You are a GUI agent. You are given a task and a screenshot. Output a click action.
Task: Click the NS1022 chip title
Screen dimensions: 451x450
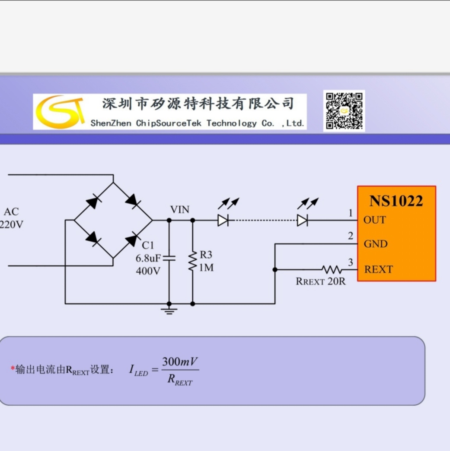(396, 201)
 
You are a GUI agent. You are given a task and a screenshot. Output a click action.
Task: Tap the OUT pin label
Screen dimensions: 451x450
(374, 220)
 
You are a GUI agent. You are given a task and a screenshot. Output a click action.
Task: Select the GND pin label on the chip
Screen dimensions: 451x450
(376, 244)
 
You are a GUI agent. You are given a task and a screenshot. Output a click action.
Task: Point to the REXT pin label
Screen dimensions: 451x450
(378, 270)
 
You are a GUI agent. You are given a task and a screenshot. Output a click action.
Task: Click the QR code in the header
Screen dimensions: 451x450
(344, 111)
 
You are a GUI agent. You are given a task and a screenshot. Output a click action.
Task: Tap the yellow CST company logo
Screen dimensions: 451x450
(60, 112)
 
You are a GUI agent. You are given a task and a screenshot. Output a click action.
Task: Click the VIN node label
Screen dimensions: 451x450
(179, 210)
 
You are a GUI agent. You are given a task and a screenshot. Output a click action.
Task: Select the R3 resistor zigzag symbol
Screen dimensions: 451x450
(192, 262)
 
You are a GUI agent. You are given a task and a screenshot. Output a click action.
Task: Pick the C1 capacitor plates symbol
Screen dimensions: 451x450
(169, 259)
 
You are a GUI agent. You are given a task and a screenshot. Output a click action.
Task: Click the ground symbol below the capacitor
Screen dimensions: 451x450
(169, 310)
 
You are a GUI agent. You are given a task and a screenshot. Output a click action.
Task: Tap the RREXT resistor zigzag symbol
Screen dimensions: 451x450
(332, 270)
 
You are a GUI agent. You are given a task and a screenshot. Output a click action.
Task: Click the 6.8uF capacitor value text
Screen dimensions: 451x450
(148, 259)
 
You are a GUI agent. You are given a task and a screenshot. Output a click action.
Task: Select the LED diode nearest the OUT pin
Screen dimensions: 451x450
(303, 221)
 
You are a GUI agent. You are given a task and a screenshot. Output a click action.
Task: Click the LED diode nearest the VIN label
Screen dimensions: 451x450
(223, 221)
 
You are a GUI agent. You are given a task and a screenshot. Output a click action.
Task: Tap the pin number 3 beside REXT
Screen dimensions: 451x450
(350, 262)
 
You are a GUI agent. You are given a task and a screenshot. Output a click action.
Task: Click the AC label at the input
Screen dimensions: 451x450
(11, 212)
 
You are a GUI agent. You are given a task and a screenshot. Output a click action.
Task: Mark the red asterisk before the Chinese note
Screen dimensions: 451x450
(13, 368)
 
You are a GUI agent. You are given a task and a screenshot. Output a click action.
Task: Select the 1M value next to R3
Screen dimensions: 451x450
(206, 268)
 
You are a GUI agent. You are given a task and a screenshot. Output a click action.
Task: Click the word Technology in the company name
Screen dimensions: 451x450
(231, 123)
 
